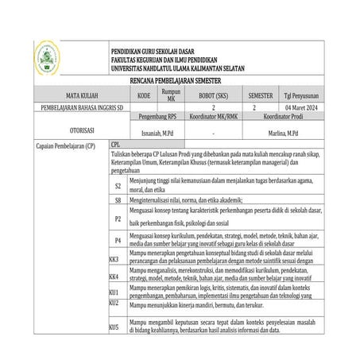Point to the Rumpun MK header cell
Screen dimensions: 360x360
click(171, 94)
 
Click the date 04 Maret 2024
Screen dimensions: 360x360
click(298, 106)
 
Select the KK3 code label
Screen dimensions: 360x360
click(114, 259)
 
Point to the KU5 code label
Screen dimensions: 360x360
click(114, 327)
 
